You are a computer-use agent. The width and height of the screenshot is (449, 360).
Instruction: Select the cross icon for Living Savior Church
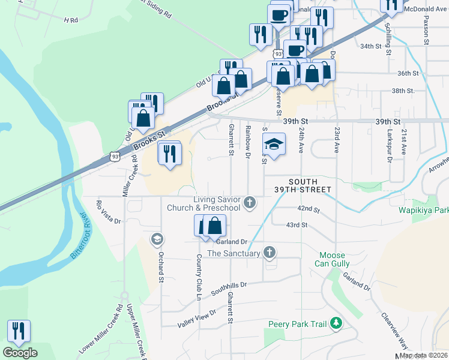coord(250,203)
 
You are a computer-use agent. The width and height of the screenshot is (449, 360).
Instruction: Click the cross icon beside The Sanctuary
coord(270,253)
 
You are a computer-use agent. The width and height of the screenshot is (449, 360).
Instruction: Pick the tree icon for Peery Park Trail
coord(336,324)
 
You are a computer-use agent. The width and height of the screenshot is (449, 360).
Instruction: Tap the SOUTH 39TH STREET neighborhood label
coord(310,185)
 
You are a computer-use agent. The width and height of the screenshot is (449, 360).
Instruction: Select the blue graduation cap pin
coord(273,145)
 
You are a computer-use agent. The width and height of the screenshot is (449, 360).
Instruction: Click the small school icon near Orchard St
coord(157,239)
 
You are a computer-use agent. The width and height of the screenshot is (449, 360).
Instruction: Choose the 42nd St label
coord(307,208)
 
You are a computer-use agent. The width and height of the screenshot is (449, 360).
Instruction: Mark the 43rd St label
coord(297,225)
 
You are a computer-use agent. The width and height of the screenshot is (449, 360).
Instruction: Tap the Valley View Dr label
coord(197,320)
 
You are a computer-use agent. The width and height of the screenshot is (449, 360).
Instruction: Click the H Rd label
coord(71,20)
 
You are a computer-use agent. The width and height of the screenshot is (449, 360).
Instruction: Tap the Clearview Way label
coord(394,328)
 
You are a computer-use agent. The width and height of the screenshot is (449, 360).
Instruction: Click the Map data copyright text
coord(424,355)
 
